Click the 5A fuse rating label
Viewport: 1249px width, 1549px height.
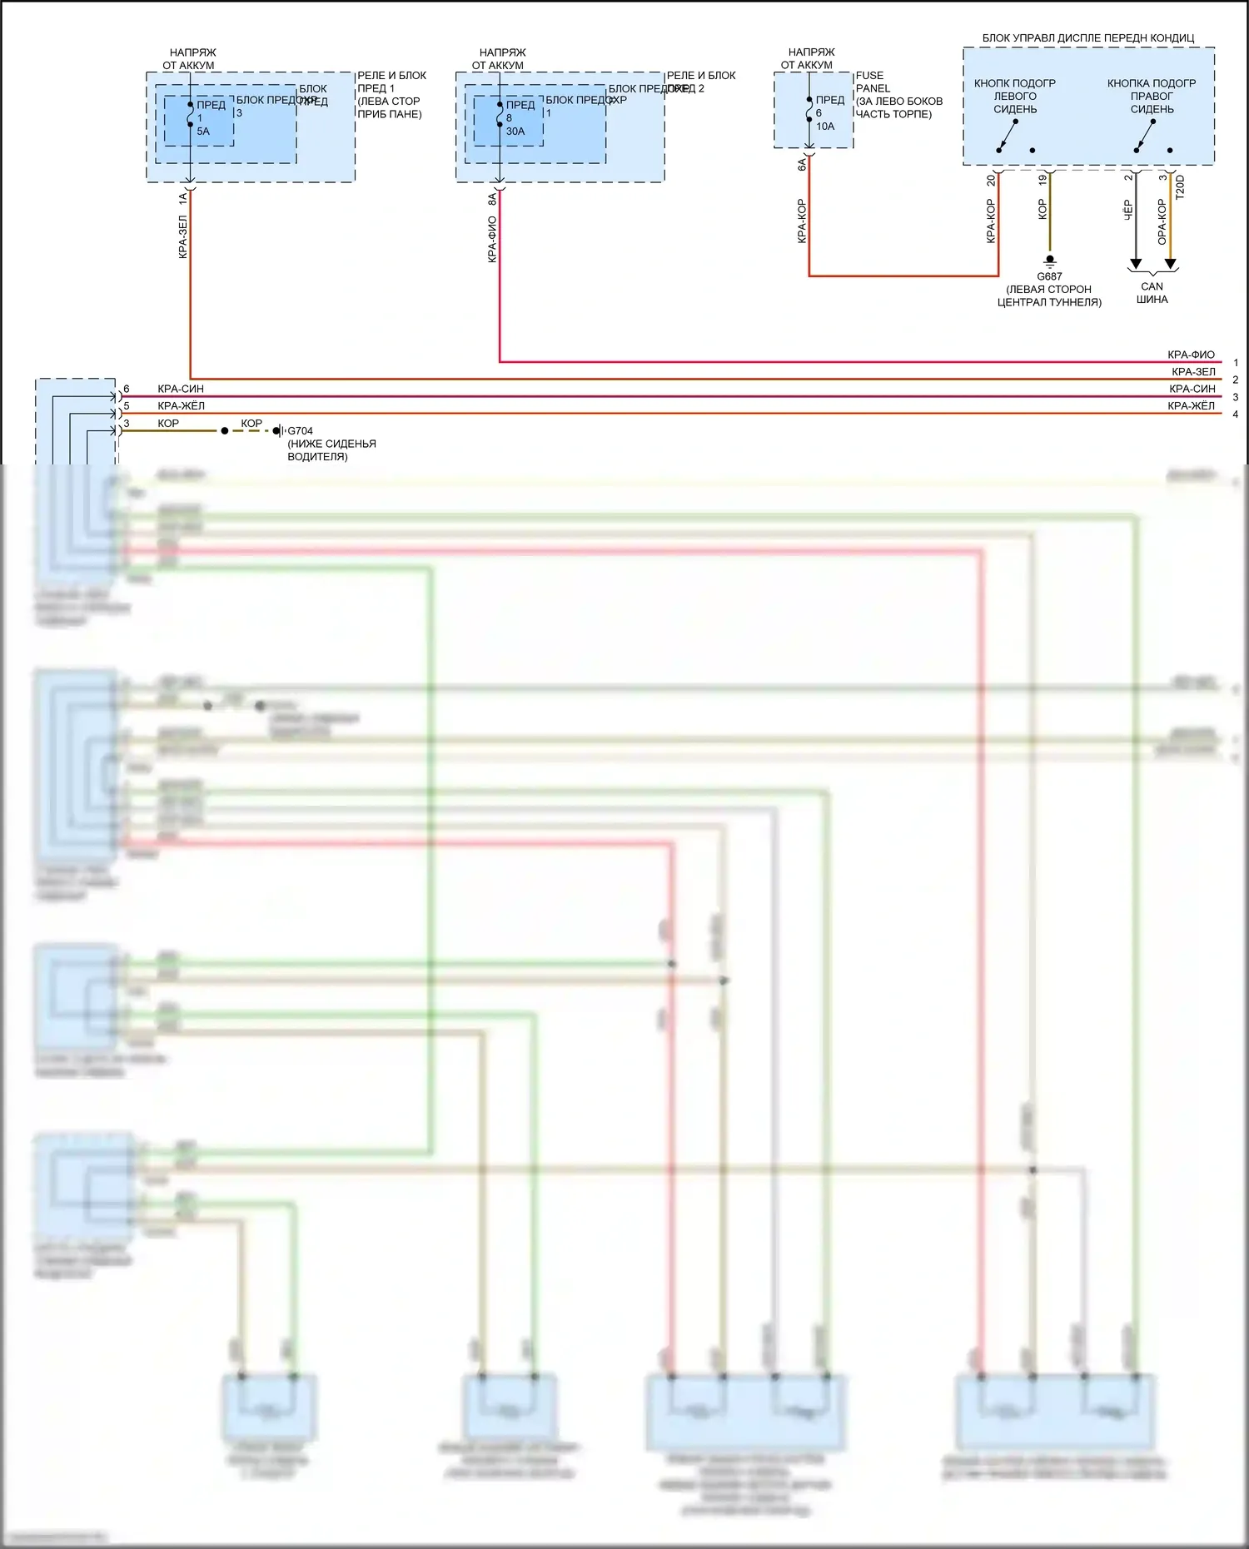(x=203, y=132)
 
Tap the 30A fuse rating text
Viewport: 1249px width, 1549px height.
(x=515, y=132)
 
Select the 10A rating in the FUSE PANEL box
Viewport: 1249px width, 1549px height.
(x=824, y=127)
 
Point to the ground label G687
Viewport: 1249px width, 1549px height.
(x=1049, y=276)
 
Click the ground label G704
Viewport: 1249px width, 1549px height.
(x=300, y=431)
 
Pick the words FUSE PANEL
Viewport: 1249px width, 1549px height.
(x=873, y=82)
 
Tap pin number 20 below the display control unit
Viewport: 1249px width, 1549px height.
(x=991, y=180)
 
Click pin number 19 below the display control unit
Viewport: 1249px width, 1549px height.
(x=1042, y=180)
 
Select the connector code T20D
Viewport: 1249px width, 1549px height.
(x=1180, y=186)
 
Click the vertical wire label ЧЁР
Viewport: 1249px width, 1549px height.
(x=1128, y=209)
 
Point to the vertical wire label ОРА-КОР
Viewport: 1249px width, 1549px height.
(x=1162, y=221)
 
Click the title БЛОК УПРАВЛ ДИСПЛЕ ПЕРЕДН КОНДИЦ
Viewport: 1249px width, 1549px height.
(x=1087, y=38)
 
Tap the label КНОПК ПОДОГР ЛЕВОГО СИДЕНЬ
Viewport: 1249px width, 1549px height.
(x=1014, y=96)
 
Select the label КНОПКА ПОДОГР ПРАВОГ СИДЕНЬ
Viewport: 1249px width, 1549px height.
(x=1152, y=96)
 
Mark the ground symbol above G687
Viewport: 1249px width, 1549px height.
(x=1050, y=261)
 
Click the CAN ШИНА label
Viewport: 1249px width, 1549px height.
(x=1152, y=292)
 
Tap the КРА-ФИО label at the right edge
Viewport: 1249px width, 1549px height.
(x=1191, y=355)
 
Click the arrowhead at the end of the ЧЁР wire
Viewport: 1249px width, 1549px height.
(x=1135, y=264)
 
